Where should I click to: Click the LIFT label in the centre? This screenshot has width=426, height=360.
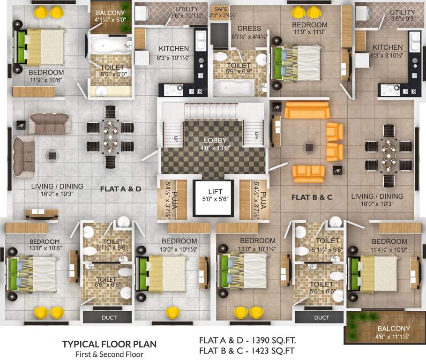coord(212,191)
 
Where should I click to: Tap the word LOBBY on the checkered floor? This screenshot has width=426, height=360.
coord(215,140)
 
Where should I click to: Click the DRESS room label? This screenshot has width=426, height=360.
coord(249,28)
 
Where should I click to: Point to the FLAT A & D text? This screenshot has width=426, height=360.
coord(120,189)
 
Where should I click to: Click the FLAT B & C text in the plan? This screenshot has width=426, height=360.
coord(312,197)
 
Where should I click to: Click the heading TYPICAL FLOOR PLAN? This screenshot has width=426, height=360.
coord(109,344)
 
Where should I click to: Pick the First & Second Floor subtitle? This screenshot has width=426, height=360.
coord(109,354)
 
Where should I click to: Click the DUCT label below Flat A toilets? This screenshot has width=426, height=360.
coord(109,318)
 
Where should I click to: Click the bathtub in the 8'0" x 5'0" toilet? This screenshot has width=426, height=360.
coord(111,46)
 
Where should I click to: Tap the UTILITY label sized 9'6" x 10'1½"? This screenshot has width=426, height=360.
coord(187,9)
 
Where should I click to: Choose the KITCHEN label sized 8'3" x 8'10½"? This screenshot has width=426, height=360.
coord(387,47)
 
